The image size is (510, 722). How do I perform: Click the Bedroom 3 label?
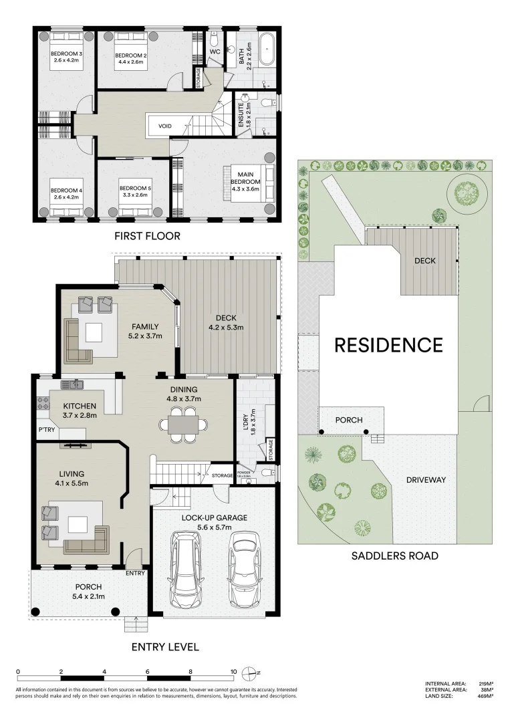tap(65, 54)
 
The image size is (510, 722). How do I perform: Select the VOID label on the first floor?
tap(164, 126)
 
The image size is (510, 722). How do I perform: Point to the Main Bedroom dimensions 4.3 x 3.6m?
tap(245, 189)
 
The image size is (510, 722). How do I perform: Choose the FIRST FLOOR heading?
tap(147, 236)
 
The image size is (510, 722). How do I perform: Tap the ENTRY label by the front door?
tap(135, 573)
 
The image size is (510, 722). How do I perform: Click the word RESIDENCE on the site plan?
tap(388, 345)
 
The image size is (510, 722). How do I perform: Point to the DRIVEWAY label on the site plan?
tap(425, 480)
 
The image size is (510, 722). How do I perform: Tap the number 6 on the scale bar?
tap(148, 671)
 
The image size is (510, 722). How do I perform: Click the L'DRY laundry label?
tap(253, 421)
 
